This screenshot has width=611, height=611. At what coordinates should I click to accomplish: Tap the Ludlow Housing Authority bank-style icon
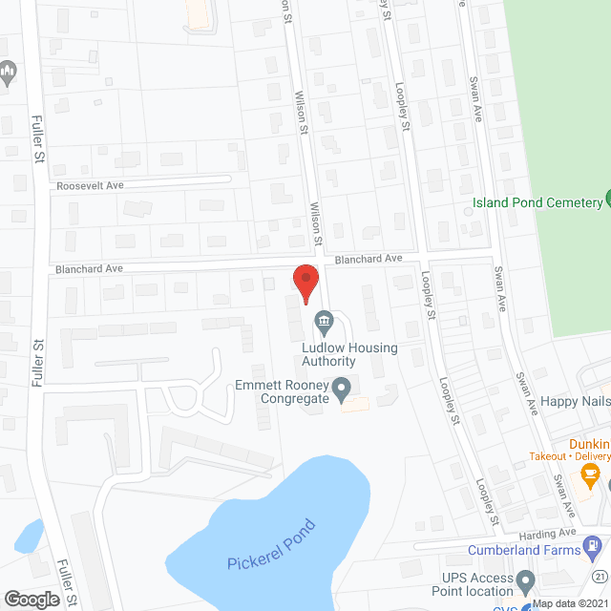pos(325,320)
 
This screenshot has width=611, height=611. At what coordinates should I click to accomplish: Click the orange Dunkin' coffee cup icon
pos(590,473)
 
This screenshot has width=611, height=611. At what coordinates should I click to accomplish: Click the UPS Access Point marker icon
pos(524,579)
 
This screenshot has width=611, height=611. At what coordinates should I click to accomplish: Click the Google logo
pos(32,599)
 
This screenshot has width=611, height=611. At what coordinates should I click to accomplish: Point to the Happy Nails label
pos(574,403)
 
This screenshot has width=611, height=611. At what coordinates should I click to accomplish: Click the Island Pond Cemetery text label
pos(537,203)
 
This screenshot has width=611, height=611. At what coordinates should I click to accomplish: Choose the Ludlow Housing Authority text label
pos(348,354)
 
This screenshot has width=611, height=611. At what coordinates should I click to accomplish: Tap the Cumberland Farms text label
pos(523,550)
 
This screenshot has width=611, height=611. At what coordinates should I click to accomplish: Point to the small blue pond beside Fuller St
pos(28,534)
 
